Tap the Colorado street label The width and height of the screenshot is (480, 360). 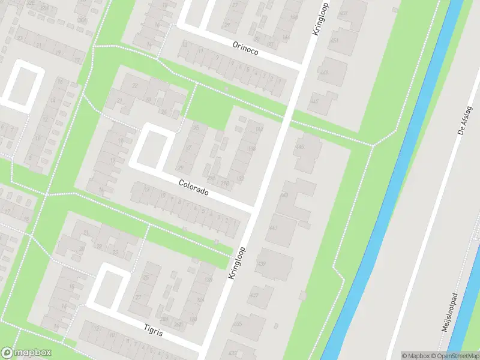coord(193,187)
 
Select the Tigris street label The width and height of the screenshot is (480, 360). coord(154,331)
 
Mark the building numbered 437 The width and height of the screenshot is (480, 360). coord(254,295)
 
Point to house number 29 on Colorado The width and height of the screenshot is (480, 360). coord(180,167)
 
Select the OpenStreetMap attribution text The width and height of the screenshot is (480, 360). coord(453,356)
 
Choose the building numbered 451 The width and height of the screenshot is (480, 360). coord(334,40)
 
